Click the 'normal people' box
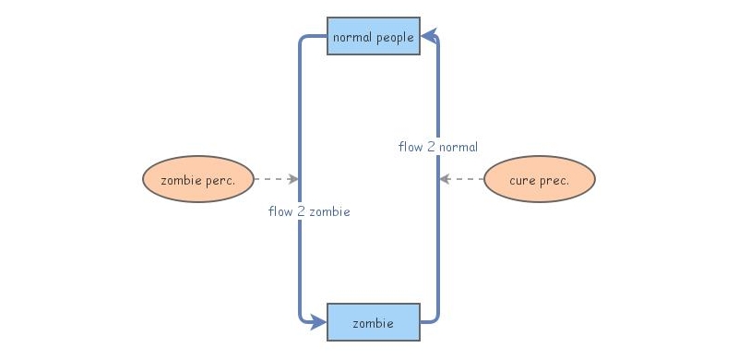pos(374,36)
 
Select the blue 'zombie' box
pos(374,322)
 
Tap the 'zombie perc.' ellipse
pos(197,180)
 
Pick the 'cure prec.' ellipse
pos(540,180)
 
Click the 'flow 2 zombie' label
pos(308,211)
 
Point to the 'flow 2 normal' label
pos(438,147)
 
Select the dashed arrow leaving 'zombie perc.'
pos(274,179)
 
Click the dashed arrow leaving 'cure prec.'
pos(462,179)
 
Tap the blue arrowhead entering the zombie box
pos(317,322)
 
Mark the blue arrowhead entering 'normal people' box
pos(430,37)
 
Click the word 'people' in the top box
pos(395,38)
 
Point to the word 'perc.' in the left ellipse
pos(220,181)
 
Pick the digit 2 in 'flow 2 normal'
pos(431,147)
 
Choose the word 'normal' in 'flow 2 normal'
pos(458,147)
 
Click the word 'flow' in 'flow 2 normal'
pos(411,147)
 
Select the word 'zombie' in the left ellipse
pos(180,180)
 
